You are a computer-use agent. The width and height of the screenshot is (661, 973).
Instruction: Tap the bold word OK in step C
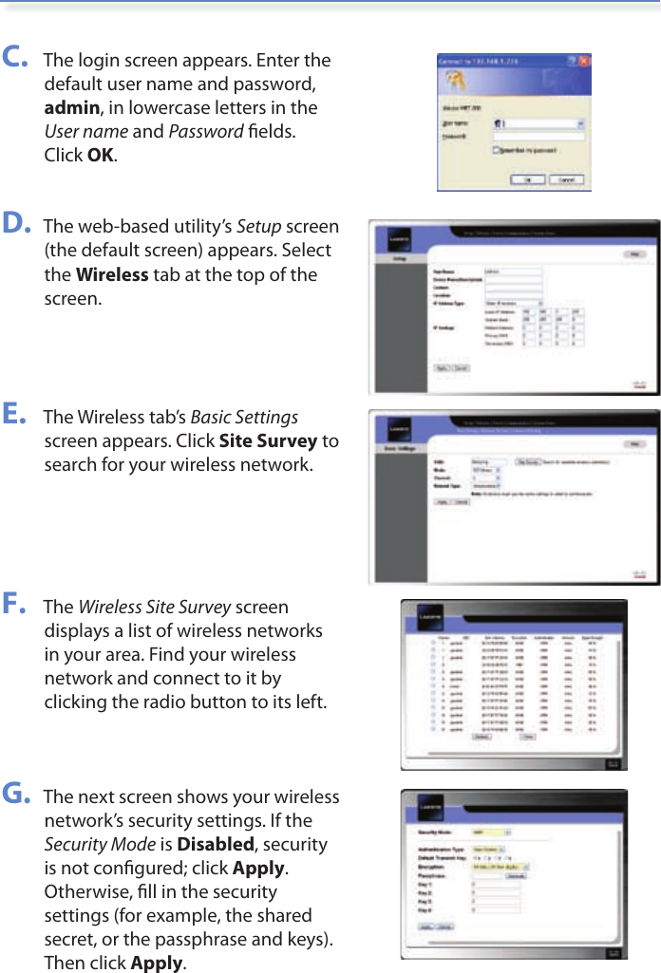[101, 155]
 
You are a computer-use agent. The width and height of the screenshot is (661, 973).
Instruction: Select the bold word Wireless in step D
[111, 274]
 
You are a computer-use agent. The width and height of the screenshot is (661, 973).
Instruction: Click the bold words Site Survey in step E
[268, 440]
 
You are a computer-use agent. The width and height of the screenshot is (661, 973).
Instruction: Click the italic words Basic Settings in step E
[244, 417]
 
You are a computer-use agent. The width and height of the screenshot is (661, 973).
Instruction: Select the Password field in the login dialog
[537, 137]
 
